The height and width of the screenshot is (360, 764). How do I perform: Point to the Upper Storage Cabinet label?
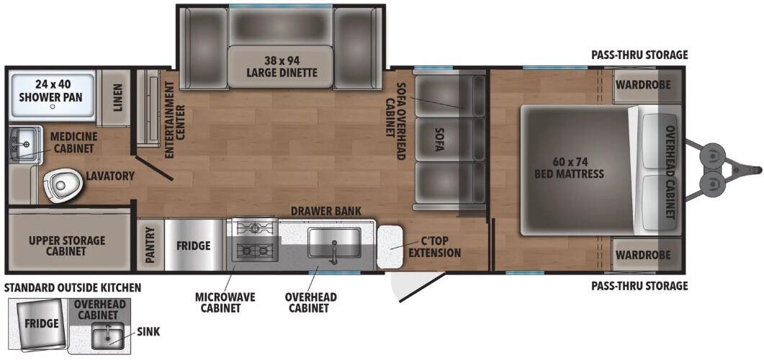pyautogui.click(x=67, y=246)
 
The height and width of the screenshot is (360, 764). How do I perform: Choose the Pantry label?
pyautogui.click(x=150, y=246)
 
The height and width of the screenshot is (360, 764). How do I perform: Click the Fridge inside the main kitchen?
pyautogui.click(x=194, y=246)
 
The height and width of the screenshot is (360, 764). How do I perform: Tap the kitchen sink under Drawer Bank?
pyautogui.click(x=334, y=242)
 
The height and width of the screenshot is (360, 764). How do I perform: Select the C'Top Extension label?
pyautogui.click(x=434, y=247)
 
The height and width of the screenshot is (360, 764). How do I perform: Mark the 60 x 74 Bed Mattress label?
pyautogui.click(x=569, y=168)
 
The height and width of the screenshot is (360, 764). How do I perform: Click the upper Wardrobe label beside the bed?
pyautogui.click(x=642, y=84)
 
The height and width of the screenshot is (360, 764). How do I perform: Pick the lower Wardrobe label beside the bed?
pyautogui.click(x=642, y=254)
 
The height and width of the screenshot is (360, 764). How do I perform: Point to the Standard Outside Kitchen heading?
pyautogui.click(x=73, y=287)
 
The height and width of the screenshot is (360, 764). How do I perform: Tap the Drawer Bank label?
pyautogui.click(x=325, y=210)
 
